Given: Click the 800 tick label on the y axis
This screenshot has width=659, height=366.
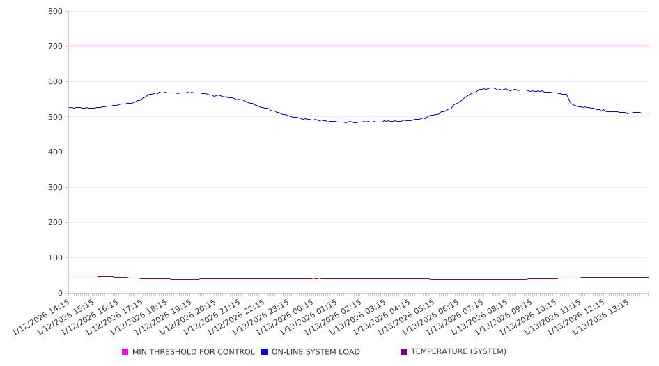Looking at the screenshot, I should point(55,12).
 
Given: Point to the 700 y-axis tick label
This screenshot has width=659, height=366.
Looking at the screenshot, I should point(55,47).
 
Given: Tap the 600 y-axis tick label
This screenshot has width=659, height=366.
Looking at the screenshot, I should point(55,82).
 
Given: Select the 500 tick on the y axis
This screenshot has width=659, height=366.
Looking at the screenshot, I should point(55,117).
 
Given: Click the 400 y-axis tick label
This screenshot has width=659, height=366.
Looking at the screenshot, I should point(55,152).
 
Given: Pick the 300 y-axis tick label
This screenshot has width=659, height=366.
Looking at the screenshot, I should point(55,188).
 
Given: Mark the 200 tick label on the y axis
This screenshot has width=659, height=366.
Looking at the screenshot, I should point(55,223).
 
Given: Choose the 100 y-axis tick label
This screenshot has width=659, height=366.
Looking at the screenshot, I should point(55,258).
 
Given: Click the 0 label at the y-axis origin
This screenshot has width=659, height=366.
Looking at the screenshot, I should point(60,294).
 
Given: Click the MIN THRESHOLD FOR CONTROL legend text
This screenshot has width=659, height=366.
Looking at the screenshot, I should point(193,352).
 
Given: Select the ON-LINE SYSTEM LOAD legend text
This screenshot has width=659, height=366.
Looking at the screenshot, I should point(316,352).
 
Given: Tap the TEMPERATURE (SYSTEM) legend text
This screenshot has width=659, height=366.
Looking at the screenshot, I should point(458,351).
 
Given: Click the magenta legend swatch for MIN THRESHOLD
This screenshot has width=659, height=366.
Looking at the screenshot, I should point(125,352).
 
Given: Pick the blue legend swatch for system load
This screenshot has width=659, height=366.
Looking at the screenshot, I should point(265,352).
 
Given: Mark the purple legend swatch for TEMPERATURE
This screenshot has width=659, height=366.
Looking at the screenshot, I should point(404,351).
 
